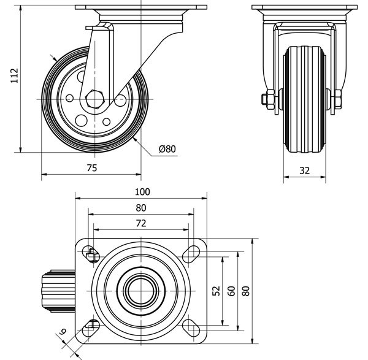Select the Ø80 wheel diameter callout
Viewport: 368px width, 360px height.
[167, 149]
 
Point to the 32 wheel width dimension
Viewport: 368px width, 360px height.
[304, 171]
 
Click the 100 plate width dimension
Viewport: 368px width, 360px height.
[140, 191]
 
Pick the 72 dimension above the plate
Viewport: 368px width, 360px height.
[140, 224]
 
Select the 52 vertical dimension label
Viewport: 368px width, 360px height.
[216, 291]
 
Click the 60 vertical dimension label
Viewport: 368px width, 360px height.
[231, 291]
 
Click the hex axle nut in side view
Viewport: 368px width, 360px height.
[94, 98]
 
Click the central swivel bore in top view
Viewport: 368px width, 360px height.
[140, 289]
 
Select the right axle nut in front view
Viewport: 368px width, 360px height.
[338, 98]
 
